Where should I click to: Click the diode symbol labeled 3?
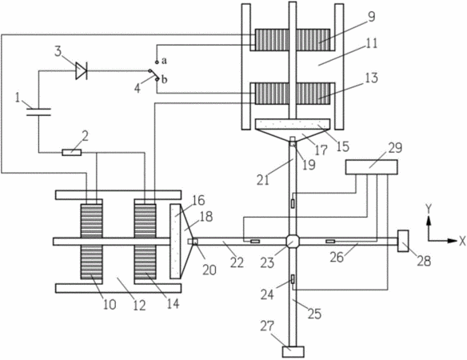click(82, 71)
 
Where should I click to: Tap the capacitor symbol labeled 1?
click(38, 112)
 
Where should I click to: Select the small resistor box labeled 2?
click(71, 153)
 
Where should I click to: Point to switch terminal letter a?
click(164, 61)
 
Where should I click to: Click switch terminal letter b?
click(165, 79)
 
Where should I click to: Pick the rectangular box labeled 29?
click(371, 167)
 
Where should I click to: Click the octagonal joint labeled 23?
click(293, 241)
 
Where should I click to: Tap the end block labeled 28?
click(403, 241)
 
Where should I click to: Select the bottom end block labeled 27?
click(293, 352)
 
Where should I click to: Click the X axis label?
click(462, 242)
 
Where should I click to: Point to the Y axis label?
click(429, 210)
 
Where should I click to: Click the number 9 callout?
click(371, 17)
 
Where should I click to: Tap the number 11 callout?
click(370, 43)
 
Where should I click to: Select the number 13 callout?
click(371, 78)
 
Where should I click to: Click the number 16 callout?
click(198, 200)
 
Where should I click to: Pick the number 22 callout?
click(237, 262)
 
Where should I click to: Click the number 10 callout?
click(110, 304)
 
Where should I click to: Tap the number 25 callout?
click(314, 314)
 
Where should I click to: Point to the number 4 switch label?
click(138, 88)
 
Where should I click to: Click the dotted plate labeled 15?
click(293, 124)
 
